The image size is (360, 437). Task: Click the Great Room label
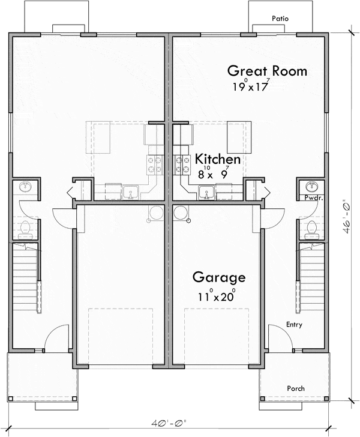(x=267, y=71)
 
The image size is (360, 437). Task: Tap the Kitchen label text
(x=218, y=159)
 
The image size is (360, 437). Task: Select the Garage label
(x=219, y=277)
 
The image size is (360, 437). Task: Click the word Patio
(x=280, y=19)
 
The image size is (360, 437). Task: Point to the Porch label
(x=296, y=388)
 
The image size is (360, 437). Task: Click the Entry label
(x=294, y=324)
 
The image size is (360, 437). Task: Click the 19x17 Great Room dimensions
(x=251, y=86)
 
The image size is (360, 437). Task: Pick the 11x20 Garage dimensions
(x=217, y=296)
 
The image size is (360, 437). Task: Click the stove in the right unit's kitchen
(x=182, y=164)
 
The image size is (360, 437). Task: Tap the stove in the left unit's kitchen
(x=155, y=164)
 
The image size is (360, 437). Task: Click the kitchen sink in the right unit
(x=206, y=193)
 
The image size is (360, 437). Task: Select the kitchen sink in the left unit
(x=131, y=193)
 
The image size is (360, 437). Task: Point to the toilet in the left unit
(x=26, y=231)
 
